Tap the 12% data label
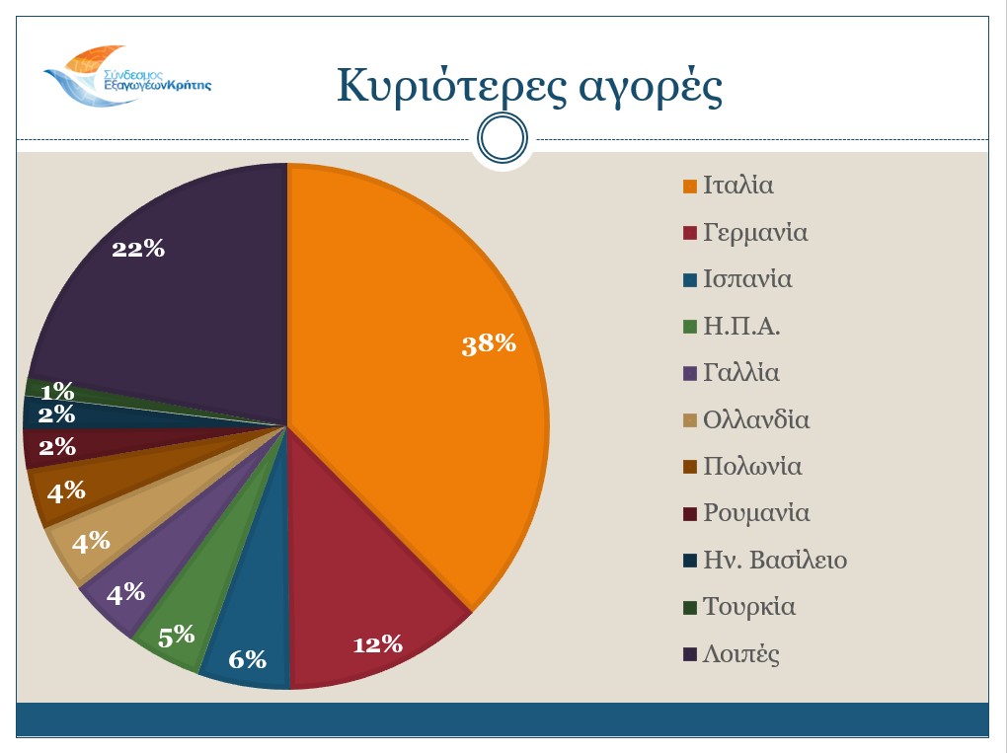[x=378, y=644]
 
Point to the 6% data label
[x=248, y=658]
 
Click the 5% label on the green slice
[x=177, y=636]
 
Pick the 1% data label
[x=57, y=391]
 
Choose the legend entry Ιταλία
[x=737, y=186]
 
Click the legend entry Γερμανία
[x=755, y=233]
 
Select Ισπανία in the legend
[x=747, y=279]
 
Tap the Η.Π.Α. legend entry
[x=741, y=327]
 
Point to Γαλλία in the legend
[x=741, y=373]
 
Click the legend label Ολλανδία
[x=756, y=419]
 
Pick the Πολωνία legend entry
[x=752, y=467]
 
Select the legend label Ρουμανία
[x=756, y=513]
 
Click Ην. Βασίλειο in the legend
[x=775, y=561]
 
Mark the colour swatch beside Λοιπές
[x=689, y=654]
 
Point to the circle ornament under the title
[x=503, y=139]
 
